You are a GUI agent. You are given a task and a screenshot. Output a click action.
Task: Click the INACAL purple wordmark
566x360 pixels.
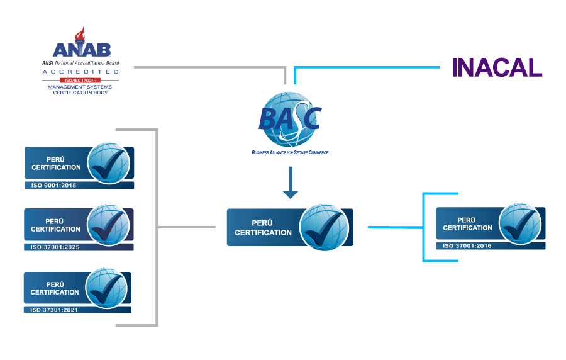click(497, 67)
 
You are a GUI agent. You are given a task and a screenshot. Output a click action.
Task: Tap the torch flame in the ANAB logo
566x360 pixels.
click(79, 34)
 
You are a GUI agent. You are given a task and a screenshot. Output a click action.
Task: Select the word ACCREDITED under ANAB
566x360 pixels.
click(80, 72)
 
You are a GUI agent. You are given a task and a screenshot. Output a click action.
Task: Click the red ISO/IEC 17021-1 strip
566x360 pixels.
click(80, 81)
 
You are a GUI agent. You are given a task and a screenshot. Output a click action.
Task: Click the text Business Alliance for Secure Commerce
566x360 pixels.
click(290, 152)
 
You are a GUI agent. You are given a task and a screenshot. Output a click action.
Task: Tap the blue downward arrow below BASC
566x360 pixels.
click(290, 183)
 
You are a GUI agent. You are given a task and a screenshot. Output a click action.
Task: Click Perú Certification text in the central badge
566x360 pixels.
click(264, 228)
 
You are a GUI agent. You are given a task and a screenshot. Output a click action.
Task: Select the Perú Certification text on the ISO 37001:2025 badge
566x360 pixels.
click(56, 225)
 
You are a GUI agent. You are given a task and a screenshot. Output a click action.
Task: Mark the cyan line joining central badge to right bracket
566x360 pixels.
click(394, 227)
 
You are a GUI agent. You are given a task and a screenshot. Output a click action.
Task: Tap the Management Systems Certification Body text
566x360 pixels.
click(80, 89)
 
